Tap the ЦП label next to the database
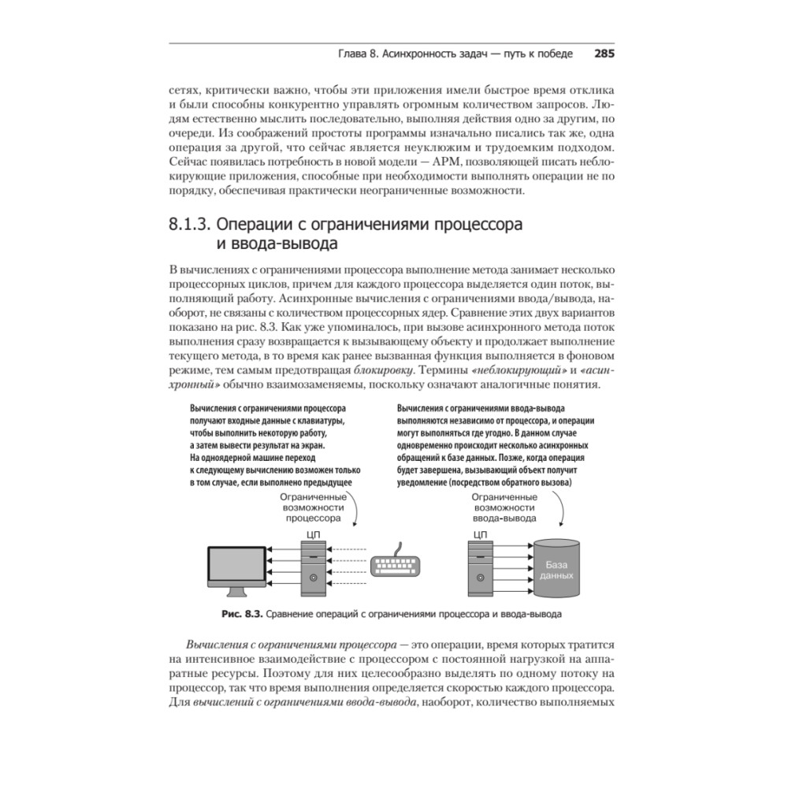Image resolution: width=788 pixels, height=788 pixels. coord(479,533)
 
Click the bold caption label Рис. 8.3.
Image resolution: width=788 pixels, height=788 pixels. coord(242,614)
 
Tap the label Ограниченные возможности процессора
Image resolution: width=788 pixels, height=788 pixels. coord(313,508)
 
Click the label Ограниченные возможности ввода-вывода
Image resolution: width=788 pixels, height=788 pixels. coord(504,508)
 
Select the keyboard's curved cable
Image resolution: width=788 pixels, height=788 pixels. coord(401,546)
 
